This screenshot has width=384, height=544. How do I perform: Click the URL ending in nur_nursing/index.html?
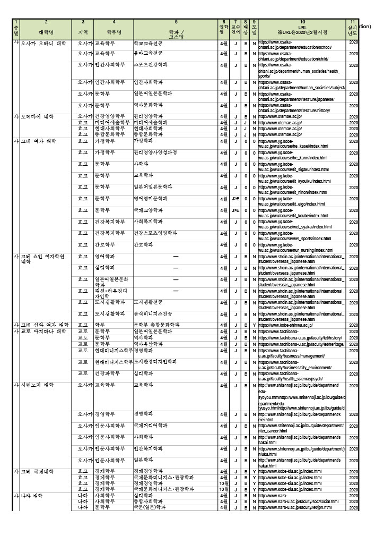pyautogui.click(x=301, y=248)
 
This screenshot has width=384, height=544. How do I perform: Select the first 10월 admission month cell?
pyautogui.click(x=224, y=483)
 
